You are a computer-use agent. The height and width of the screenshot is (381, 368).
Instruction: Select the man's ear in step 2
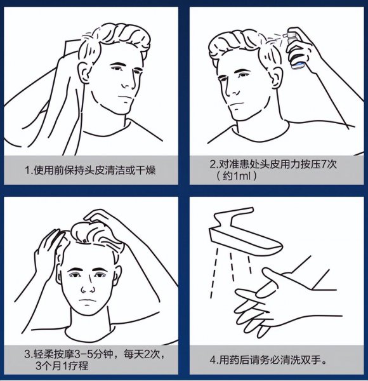click(221, 70)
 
